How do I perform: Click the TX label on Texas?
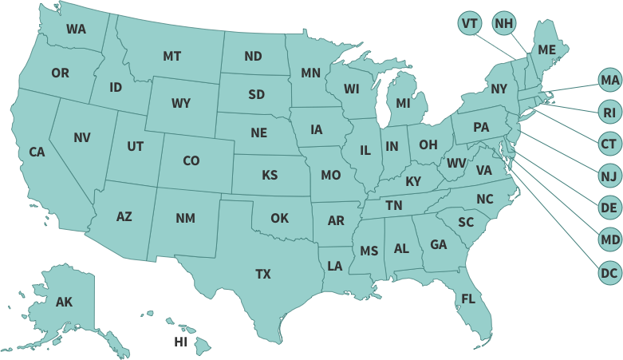click(263, 274)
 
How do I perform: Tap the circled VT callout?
click(470, 23)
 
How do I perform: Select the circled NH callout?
click(503, 23)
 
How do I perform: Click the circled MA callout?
click(609, 80)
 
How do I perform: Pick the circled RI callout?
click(609, 113)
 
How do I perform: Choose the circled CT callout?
click(609, 144)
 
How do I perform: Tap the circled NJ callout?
click(609, 176)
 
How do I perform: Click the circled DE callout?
click(609, 208)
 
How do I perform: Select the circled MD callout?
click(609, 240)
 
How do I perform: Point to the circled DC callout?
click(609, 273)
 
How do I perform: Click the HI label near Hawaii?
click(181, 342)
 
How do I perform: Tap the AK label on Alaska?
click(64, 302)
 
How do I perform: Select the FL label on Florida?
click(468, 299)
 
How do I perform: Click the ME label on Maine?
click(546, 49)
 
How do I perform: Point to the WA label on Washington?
click(76, 29)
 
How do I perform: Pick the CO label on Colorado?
click(191, 160)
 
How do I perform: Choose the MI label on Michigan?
click(403, 103)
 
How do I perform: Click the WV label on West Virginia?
click(455, 163)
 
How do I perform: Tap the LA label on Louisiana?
click(335, 266)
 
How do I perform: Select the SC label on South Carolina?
click(466, 222)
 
